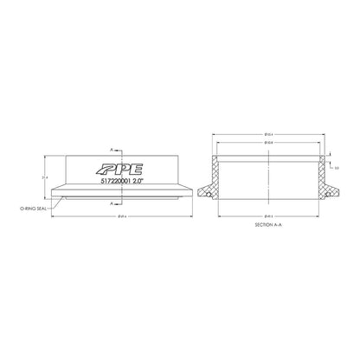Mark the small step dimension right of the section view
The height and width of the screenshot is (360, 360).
pos(337,166)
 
